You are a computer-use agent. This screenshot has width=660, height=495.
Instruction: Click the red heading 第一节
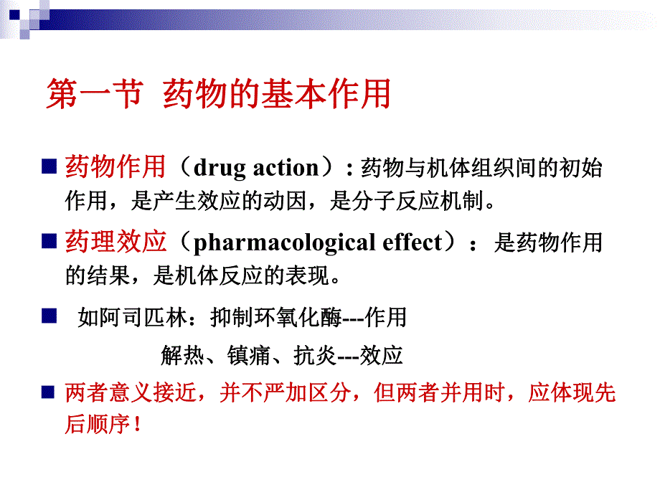tap(93, 95)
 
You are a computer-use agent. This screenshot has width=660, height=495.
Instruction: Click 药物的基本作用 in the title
tap(277, 95)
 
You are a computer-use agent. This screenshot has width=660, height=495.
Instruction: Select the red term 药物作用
tap(115, 167)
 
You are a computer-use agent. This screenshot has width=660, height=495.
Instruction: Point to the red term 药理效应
tap(115, 242)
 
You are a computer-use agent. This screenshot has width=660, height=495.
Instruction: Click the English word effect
tap(409, 242)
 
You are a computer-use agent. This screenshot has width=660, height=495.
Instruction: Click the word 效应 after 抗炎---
tap(382, 355)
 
